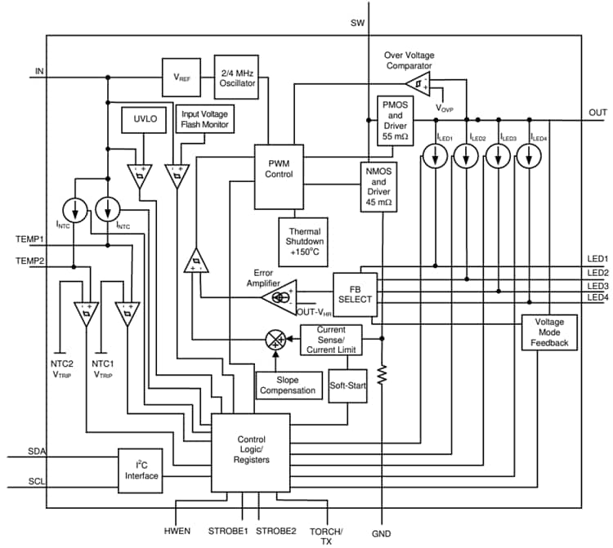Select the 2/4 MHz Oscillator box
pos(236,77)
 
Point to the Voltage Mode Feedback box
pos(549,332)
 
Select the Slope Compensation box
pos(287,385)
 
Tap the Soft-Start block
pos(347,384)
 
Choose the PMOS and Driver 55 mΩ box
pos(394,121)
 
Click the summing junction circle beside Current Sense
pos(275,336)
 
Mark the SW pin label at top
pos(357,21)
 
